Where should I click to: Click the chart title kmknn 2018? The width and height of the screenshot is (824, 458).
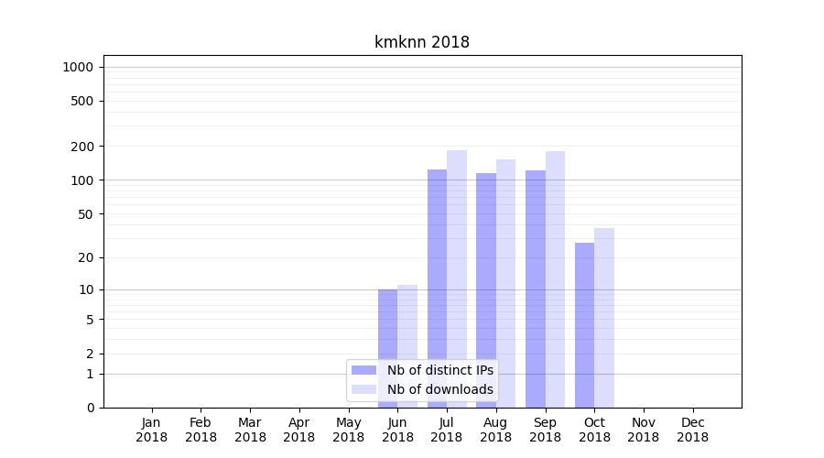point(422,42)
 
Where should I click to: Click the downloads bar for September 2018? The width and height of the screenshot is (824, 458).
point(555,275)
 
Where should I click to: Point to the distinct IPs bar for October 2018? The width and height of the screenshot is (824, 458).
point(584,325)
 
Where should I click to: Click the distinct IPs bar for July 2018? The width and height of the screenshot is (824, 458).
point(437,275)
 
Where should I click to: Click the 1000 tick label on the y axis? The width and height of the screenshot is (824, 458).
point(79,67)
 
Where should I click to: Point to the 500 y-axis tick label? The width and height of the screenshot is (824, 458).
point(83,101)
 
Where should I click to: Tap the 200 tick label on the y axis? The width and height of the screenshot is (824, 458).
point(83,147)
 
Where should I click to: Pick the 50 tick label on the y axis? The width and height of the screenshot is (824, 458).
point(86,214)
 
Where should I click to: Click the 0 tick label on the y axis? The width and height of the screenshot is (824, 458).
point(90,408)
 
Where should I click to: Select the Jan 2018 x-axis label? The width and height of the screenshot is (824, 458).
point(152,430)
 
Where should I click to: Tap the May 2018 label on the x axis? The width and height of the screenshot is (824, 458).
point(349,430)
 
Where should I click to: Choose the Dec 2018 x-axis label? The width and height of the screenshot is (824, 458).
point(693,430)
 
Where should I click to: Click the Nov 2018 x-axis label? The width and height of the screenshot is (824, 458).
point(644,430)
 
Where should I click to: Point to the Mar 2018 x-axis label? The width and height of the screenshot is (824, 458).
point(250,430)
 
